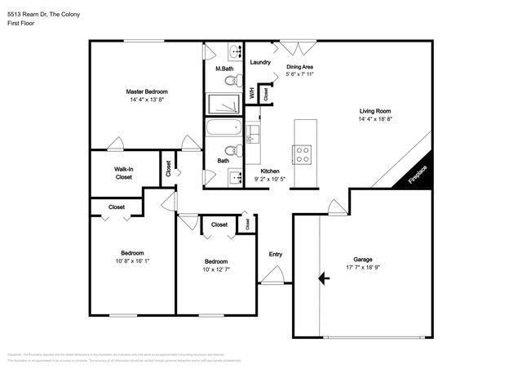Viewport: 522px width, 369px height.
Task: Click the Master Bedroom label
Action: click(x=147, y=91)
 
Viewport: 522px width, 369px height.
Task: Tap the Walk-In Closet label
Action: click(x=124, y=172)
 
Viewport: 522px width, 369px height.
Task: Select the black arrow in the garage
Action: click(x=325, y=278)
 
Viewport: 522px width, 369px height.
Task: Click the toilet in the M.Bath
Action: click(x=232, y=80)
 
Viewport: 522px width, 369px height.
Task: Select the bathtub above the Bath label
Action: click(x=223, y=128)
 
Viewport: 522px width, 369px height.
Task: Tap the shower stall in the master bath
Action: click(x=223, y=104)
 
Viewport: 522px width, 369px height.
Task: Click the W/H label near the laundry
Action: click(x=252, y=93)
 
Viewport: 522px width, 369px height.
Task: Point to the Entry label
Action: click(x=276, y=255)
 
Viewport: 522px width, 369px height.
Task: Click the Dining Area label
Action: click(x=299, y=67)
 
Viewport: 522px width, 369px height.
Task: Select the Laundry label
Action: click(x=260, y=62)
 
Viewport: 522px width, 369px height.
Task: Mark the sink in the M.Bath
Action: click(x=235, y=49)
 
